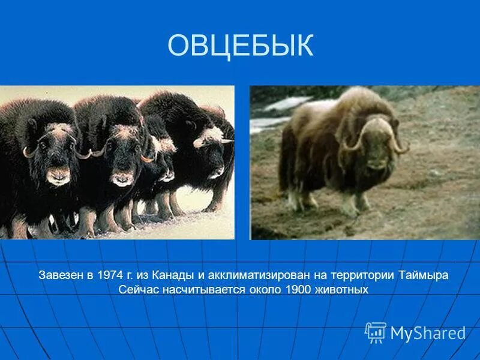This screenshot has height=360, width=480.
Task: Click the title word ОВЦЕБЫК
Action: click(240, 46)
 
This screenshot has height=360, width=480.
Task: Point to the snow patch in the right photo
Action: click(282, 108)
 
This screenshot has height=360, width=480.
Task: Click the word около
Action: click(266, 290)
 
